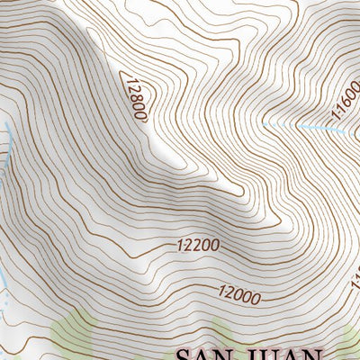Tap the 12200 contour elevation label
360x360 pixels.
pos(198,245)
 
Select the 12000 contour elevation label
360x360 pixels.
pos(238,294)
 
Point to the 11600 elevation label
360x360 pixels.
pos(345,101)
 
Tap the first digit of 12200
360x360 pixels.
pos(181,246)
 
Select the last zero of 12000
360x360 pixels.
pos(256,299)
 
